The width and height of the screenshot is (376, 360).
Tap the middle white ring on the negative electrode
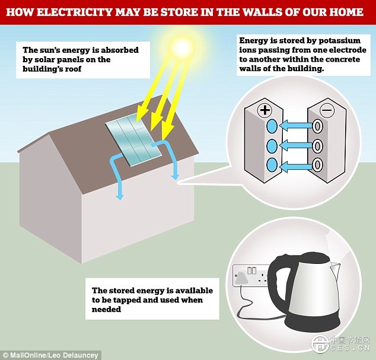tap(318, 145)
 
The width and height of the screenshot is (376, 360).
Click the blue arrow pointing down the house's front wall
tap(119, 184)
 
